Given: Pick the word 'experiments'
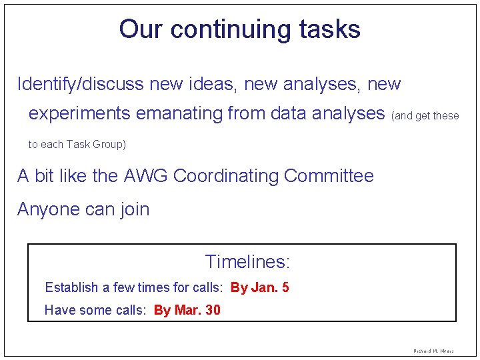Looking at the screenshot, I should tap(80, 114).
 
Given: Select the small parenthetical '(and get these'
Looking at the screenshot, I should tap(425, 116).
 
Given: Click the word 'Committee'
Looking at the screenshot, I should tap(329, 176).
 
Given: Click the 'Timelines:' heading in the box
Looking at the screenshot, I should tap(247, 262).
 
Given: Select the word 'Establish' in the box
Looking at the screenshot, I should tap(71, 288).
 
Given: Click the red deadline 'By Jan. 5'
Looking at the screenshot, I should tap(259, 288).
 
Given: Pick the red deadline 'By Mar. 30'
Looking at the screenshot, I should tap(187, 310).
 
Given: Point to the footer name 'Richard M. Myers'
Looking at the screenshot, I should tap(434, 351).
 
